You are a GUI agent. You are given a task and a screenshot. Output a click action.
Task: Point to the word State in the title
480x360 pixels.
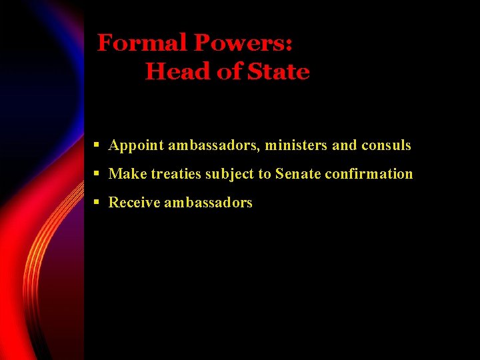coord(279,71)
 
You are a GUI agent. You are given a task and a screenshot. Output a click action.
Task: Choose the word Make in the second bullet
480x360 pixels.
coord(127,174)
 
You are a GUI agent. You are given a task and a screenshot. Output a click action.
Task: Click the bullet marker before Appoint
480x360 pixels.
coord(97,145)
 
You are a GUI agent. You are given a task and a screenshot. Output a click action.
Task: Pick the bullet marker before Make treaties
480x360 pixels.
coord(97,173)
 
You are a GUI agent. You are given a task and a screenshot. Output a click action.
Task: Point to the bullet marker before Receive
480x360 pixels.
coord(97,202)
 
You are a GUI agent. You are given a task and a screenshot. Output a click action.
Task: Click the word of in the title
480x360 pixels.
coord(231,71)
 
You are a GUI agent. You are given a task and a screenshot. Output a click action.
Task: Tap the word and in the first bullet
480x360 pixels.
coord(345,145)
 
